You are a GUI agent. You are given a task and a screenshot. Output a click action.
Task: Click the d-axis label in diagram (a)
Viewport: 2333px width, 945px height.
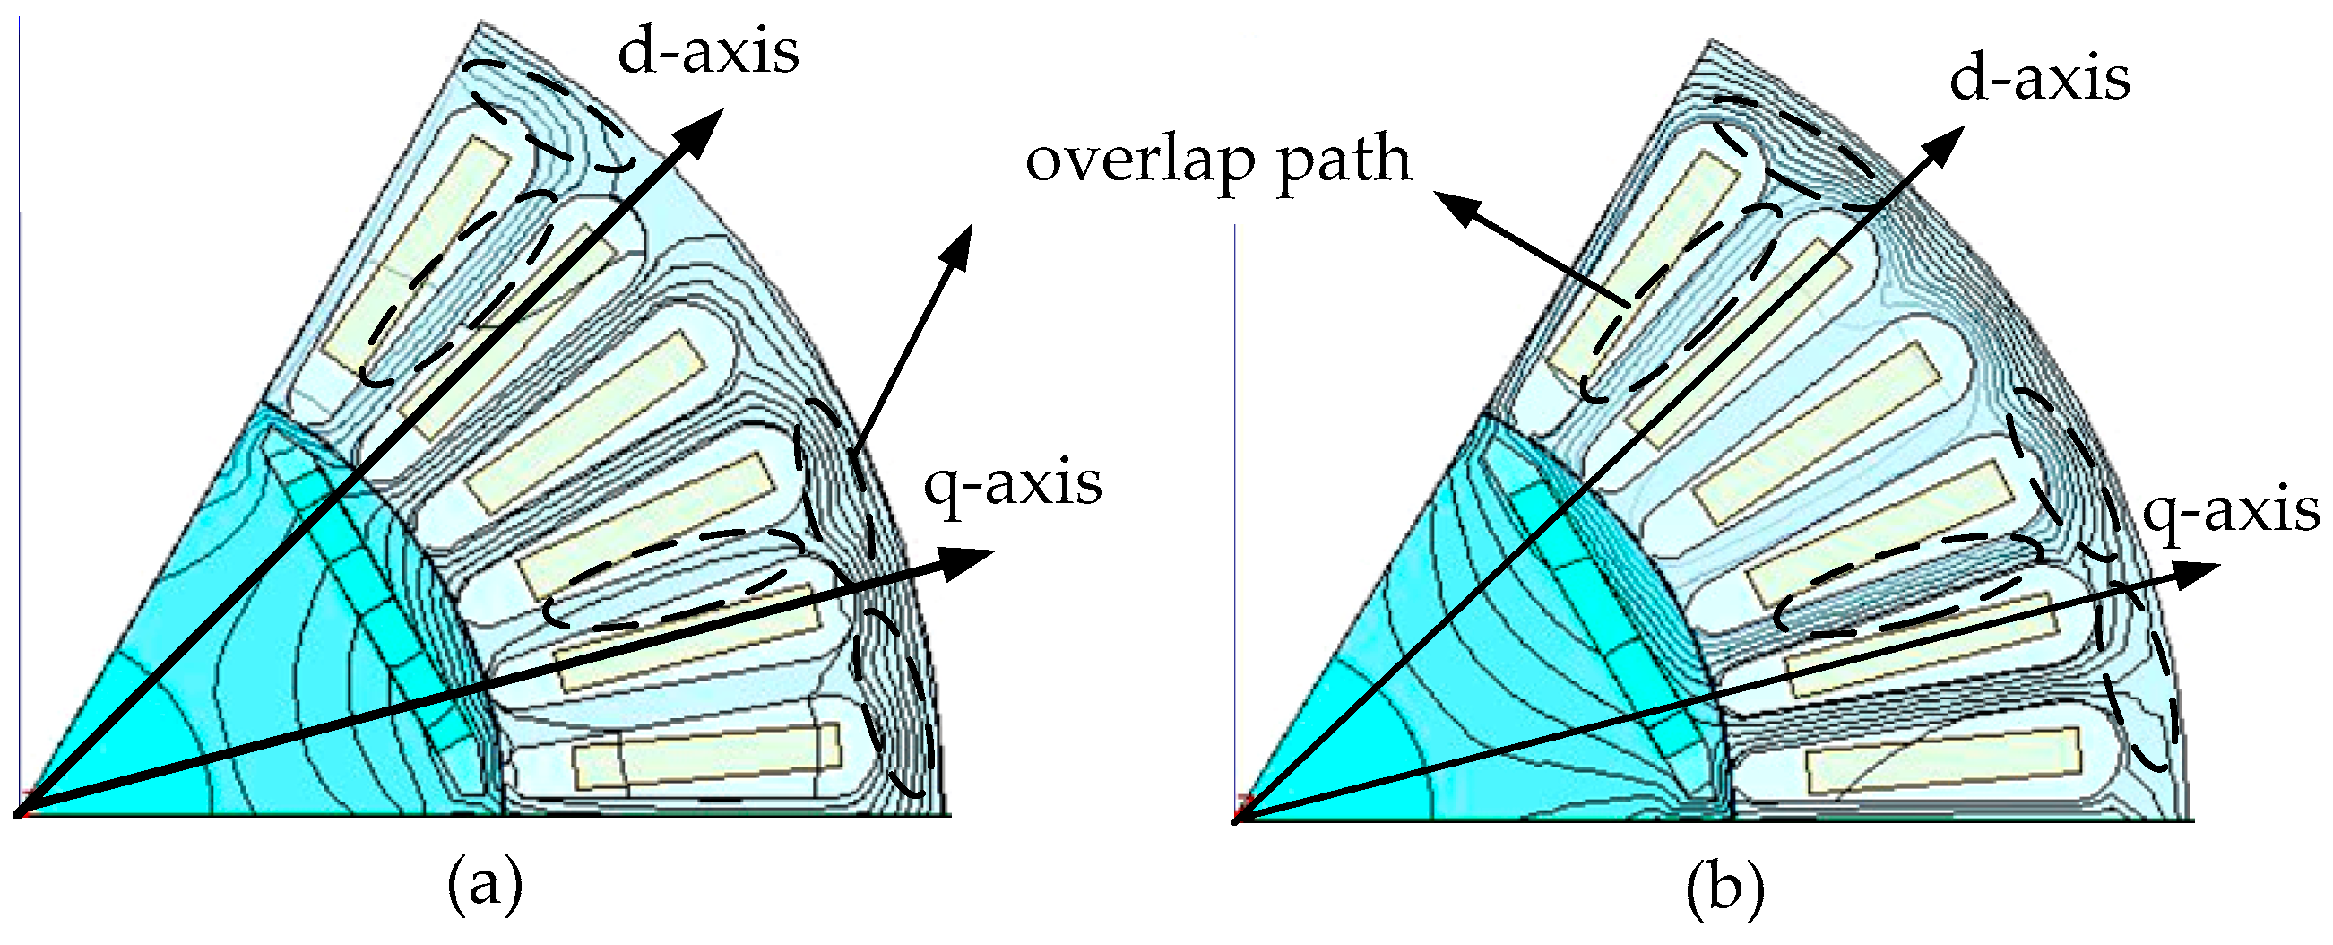coord(708,53)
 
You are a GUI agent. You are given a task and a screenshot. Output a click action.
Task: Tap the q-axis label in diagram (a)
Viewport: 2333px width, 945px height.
coord(1012,484)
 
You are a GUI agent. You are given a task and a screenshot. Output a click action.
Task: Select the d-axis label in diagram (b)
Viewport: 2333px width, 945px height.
coord(2039,80)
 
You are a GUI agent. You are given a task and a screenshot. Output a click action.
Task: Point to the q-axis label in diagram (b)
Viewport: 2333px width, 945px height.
coord(2230,513)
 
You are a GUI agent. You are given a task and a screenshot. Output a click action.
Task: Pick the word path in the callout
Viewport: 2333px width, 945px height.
coord(1344,161)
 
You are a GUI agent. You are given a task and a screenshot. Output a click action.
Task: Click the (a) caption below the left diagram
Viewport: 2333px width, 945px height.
coord(485,888)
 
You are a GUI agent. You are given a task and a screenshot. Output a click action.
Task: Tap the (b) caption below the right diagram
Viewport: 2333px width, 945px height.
coord(1725,889)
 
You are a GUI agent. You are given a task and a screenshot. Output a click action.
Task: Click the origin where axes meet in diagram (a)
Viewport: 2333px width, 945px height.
coord(18,813)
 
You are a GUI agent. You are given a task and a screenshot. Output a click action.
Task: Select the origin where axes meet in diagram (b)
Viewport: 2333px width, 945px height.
coord(1236,820)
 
